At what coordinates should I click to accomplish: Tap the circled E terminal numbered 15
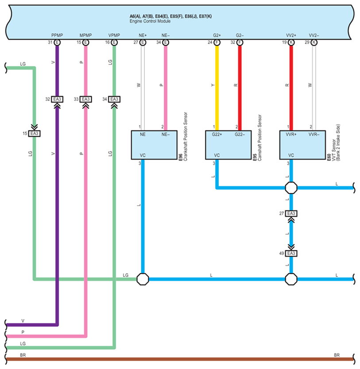click(85, 43)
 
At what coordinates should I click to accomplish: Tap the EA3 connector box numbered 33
click(86, 99)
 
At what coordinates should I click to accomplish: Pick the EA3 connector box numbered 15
click(34, 133)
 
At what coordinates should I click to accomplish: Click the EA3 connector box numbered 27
click(291, 214)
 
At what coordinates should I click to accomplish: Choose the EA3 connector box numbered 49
click(291, 253)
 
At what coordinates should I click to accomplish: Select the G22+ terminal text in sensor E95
click(217, 134)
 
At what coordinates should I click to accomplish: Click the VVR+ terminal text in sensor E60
click(291, 134)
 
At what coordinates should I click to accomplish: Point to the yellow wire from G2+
click(217, 84)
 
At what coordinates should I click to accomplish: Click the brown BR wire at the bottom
click(177, 359)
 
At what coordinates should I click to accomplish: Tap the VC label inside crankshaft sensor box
click(143, 155)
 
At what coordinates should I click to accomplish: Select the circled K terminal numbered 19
click(291, 43)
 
